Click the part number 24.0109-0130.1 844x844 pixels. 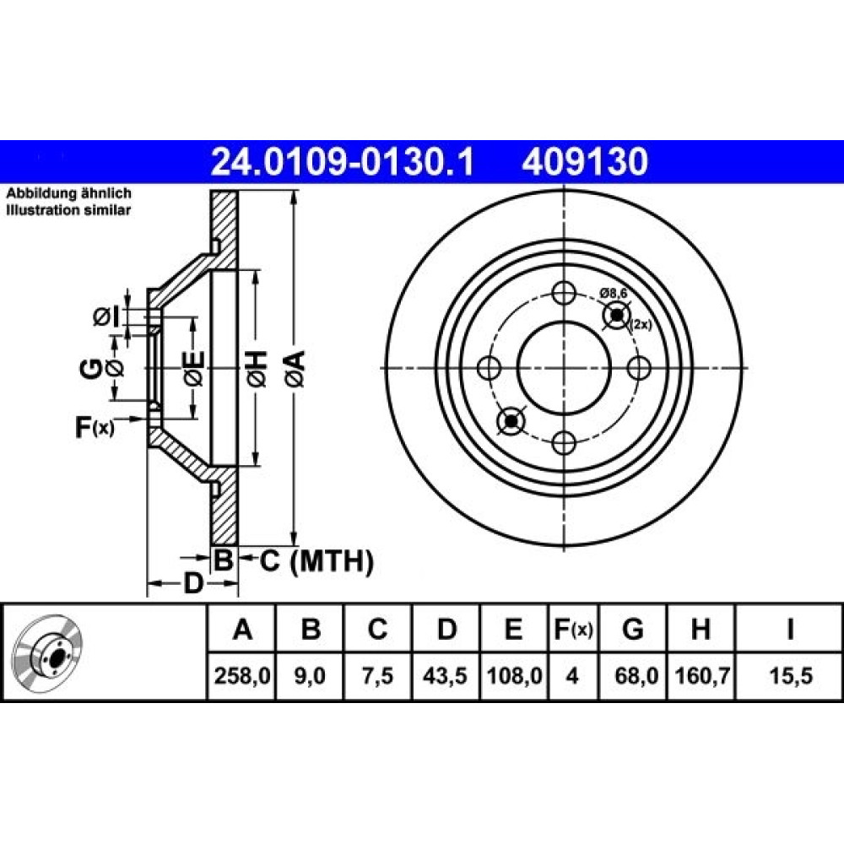343,162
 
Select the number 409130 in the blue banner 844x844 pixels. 585,162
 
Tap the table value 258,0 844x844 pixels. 241,675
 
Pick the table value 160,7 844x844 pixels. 701,675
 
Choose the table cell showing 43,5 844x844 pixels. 445,675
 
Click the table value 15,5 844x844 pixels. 790,675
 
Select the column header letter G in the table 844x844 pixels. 633,629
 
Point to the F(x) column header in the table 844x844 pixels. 573,629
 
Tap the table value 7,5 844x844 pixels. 377,675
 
